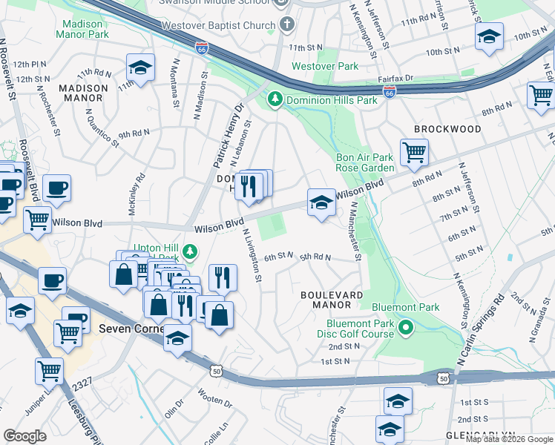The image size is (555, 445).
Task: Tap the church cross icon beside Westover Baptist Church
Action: coord(287,24)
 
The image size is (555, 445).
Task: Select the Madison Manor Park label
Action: coord(82,29)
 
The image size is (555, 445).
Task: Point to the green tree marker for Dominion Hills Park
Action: coord(275,99)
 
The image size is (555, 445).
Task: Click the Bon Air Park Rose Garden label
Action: coord(364,162)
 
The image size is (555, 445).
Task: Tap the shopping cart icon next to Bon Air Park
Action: coord(414,153)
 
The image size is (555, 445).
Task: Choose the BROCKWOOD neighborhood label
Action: coord(447,129)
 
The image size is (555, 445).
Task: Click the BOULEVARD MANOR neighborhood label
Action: coord(332,300)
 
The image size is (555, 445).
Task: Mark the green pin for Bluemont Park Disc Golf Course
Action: coord(405,327)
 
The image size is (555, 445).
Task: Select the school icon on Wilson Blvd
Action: coord(321,202)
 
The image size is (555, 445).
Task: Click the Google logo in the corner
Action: coord(25,435)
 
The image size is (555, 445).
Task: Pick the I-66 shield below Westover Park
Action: coord(390,92)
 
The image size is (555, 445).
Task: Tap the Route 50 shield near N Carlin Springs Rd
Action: coord(444,378)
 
